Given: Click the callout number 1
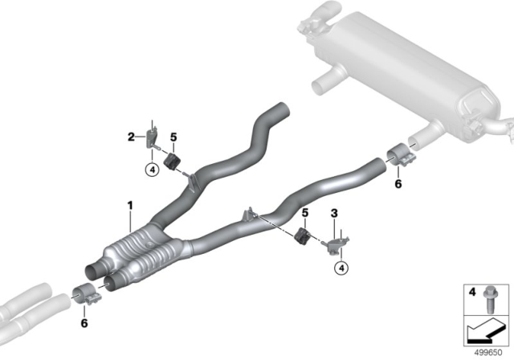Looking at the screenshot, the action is tap(130, 206).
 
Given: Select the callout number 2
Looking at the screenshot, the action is tap(131, 137).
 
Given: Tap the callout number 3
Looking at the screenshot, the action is tap(334, 214).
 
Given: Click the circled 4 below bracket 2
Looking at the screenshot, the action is tap(152, 170).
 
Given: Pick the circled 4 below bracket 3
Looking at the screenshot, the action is tap(341, 268).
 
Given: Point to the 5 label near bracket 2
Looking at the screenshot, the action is tap(173, 137).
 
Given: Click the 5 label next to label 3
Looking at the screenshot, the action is tap(305, 213).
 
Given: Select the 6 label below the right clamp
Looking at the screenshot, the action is tap(398, 184).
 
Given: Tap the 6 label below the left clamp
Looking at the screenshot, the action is tap(84, 323).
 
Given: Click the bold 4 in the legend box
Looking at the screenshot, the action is tap(472, 292).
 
